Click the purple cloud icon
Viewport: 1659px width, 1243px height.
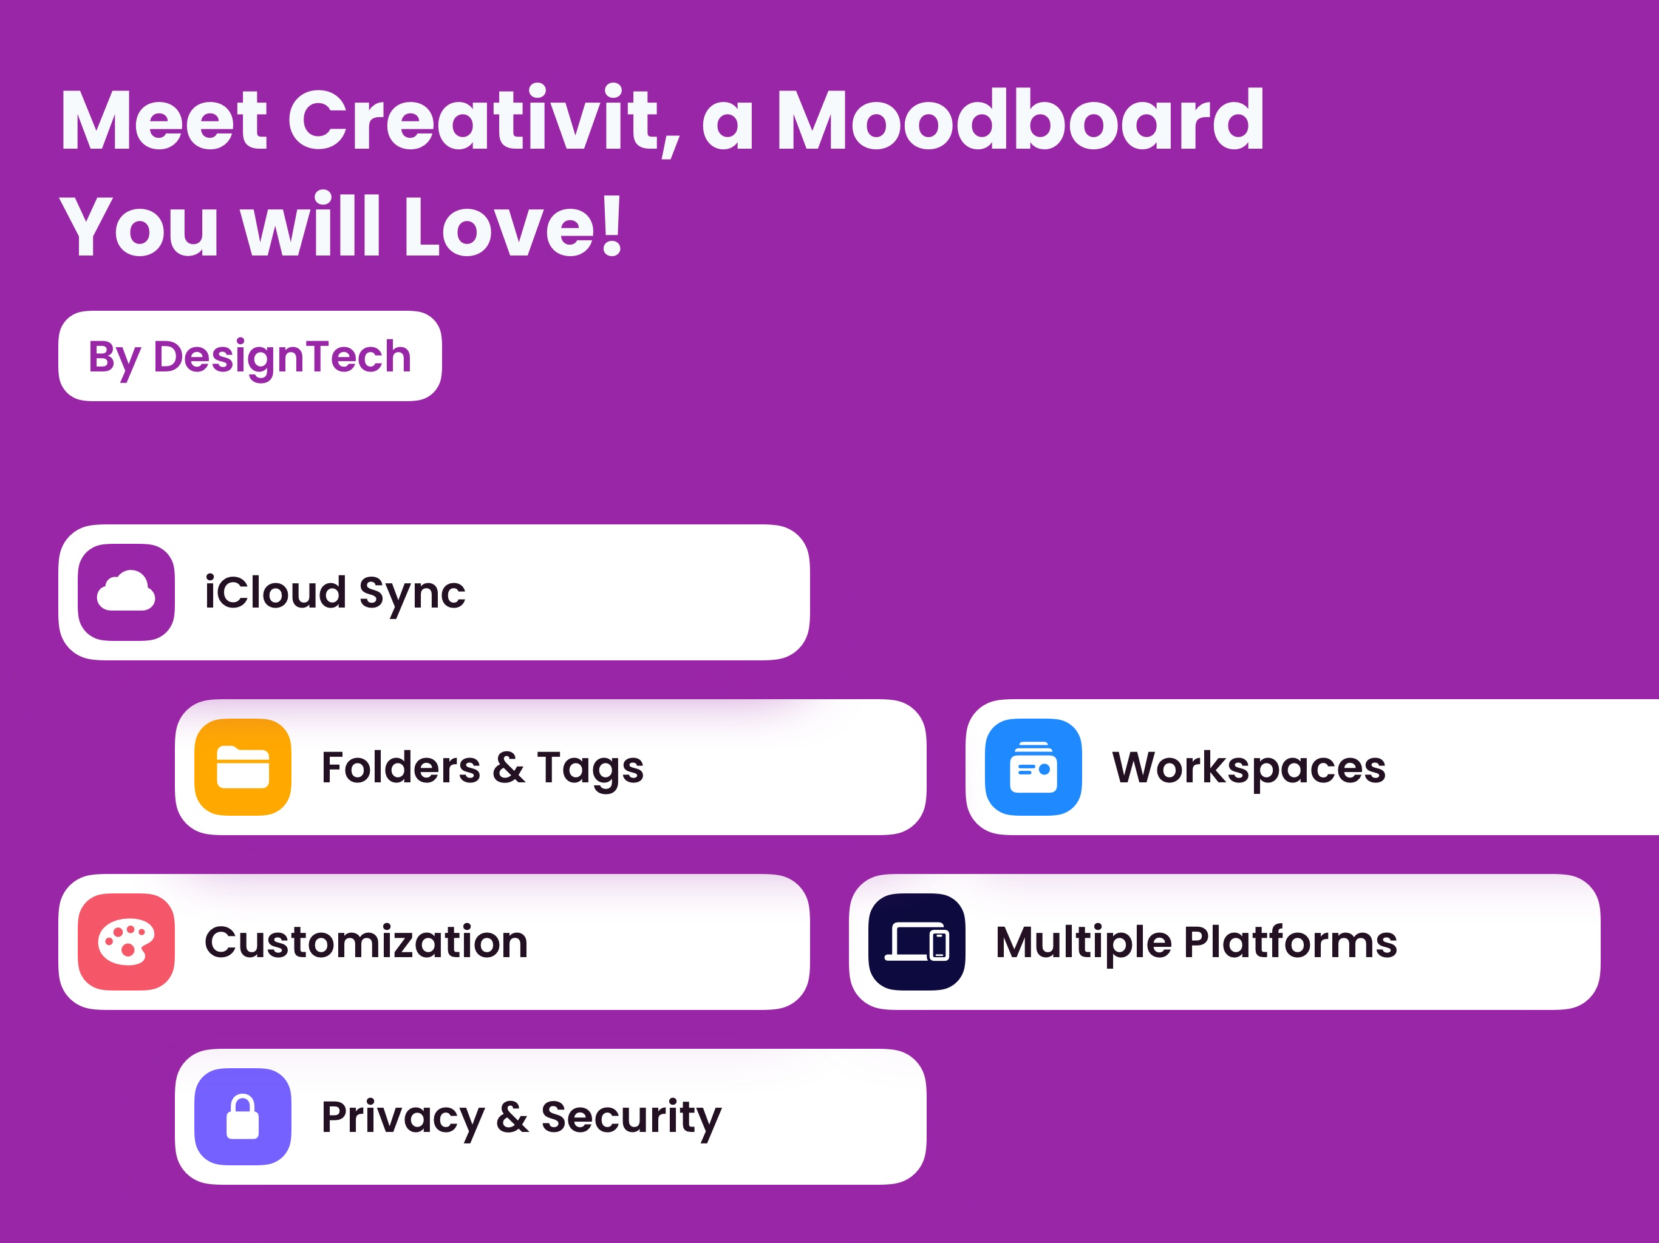coord(126,592)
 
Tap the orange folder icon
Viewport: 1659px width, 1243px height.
coord(243,767)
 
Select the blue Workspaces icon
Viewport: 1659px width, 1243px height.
coord(1034,767)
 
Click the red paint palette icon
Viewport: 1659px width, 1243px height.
coord(126,941)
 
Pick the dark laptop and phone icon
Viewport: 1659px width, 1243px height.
coord(916,941)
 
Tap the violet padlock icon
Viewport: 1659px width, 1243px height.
coord(243,1116)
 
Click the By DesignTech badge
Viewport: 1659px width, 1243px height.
coord(250,356)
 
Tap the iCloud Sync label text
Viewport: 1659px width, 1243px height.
coord(335,594)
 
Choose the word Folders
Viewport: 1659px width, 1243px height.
coord(401,767)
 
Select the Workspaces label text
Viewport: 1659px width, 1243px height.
coord(1249,768)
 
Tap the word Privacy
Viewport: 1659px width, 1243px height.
coord(403,1119)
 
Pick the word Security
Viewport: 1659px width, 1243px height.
coord(632,1119)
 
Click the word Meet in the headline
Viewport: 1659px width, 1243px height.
coord(163,120)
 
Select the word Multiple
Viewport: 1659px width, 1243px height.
coord(1083,944)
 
